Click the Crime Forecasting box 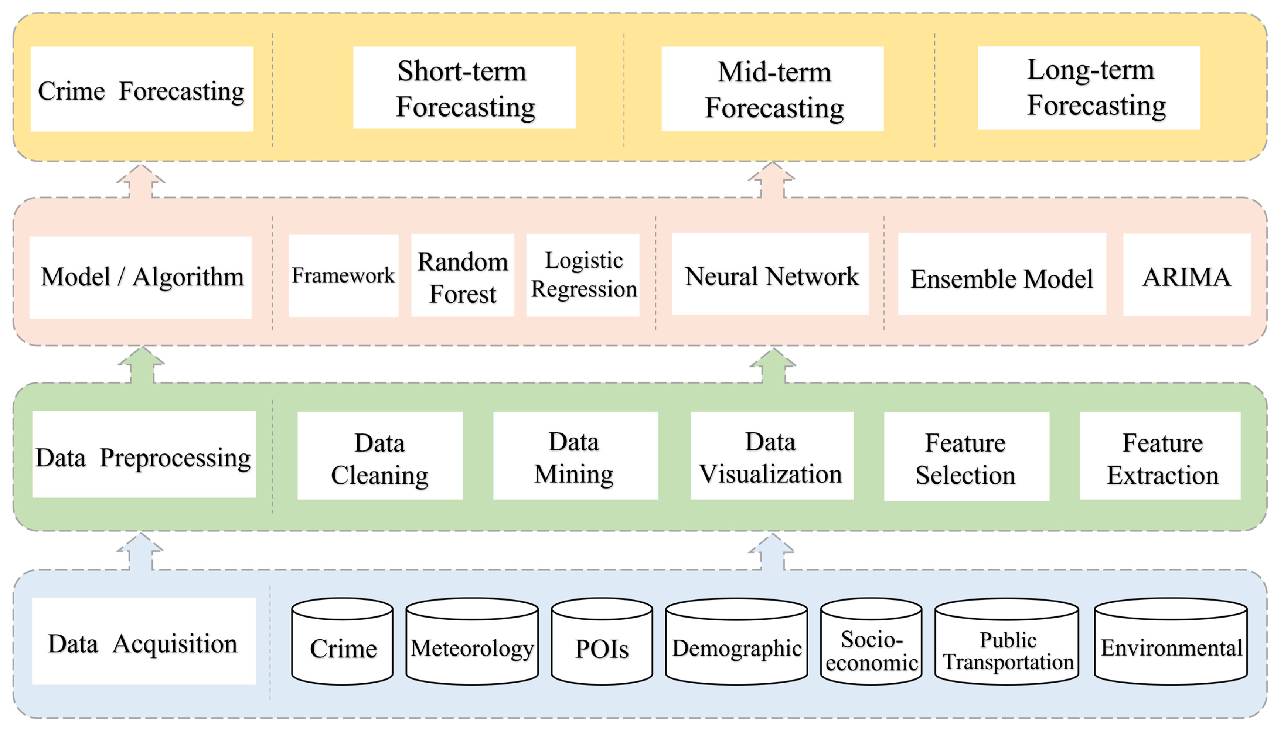pos(142,89)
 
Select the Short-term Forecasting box pos(464,88)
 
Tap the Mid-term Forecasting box pos(772,89)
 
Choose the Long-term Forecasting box pos(1089,88)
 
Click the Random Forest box pos(462,275)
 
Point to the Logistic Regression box pos(583,275)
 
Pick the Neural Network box pos(770,274)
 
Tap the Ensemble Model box pos(1002,274)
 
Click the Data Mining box pos(575,456)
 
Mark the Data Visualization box pos(772,456)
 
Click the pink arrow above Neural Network pos(772,181)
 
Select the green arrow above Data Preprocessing pos(142,366)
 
